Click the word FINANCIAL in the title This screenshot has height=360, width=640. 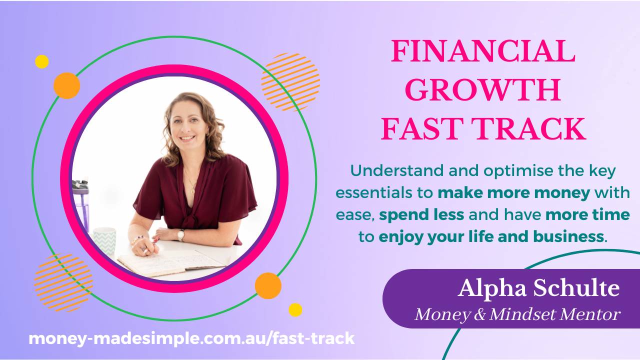coord(482,51)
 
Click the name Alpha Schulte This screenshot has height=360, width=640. coord(538,288)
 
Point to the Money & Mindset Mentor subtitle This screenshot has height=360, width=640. coord(517,314)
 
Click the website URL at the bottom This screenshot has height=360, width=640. coord(191,338)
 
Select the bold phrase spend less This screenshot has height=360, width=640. coord(421,215)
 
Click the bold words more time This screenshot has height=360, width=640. coord(587,215)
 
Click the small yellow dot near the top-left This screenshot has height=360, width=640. coord(42,62)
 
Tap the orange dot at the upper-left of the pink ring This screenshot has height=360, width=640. coord(66,85)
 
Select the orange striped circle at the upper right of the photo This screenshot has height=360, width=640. coord(290,82)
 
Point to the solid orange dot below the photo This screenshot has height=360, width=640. coord(268,285)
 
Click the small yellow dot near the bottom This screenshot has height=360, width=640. coord(295,309)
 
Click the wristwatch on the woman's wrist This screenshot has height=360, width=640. coord(181,234)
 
